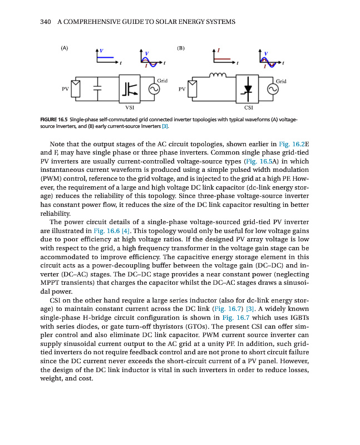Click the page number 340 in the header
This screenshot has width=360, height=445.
pos(47,22)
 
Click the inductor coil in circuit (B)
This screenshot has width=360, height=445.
pos(214,74)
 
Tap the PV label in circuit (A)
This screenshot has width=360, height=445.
pos(65,88)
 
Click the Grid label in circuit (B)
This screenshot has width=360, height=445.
pos(281,81)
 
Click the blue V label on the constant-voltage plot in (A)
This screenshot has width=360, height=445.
pos(101,51)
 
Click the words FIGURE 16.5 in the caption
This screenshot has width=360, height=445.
pos(55,120)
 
